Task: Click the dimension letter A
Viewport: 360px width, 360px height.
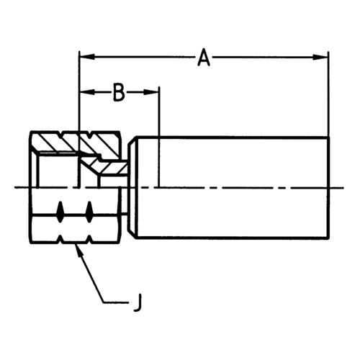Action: [x=204, y=58]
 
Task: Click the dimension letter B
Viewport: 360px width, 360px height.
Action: [x=119, y=93]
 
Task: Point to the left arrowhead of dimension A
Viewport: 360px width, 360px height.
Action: [x=87, y=57]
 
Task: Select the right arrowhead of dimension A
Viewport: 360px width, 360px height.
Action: [x=320, y=57]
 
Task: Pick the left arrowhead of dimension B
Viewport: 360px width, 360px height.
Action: [x=87, y=92]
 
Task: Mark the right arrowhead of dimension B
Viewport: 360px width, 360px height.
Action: [x=151, y=92]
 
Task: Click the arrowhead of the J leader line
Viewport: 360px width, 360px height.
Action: [x=79, y=251]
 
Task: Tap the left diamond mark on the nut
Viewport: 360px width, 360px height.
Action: [x=60, y=212]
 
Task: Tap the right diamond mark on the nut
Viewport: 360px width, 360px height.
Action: [x=89, y=212]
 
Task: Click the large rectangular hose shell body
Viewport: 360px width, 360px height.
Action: [x=228, y=188]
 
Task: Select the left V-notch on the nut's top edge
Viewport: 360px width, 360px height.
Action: [x=60, y=134]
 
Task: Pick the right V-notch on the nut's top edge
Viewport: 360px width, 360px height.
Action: [x=89, y=134]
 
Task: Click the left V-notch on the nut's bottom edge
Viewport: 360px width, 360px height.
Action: [x=60, y=240]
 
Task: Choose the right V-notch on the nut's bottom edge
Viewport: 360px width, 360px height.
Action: [x=89, y=240]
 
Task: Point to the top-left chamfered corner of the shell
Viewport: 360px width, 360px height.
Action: [x=132, y=140]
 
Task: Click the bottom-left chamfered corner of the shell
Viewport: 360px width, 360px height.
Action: [x=132, y=235]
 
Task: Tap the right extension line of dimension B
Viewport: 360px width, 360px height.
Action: [x=159, y=137]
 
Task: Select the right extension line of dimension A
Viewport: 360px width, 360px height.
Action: [x=328, y=94]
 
